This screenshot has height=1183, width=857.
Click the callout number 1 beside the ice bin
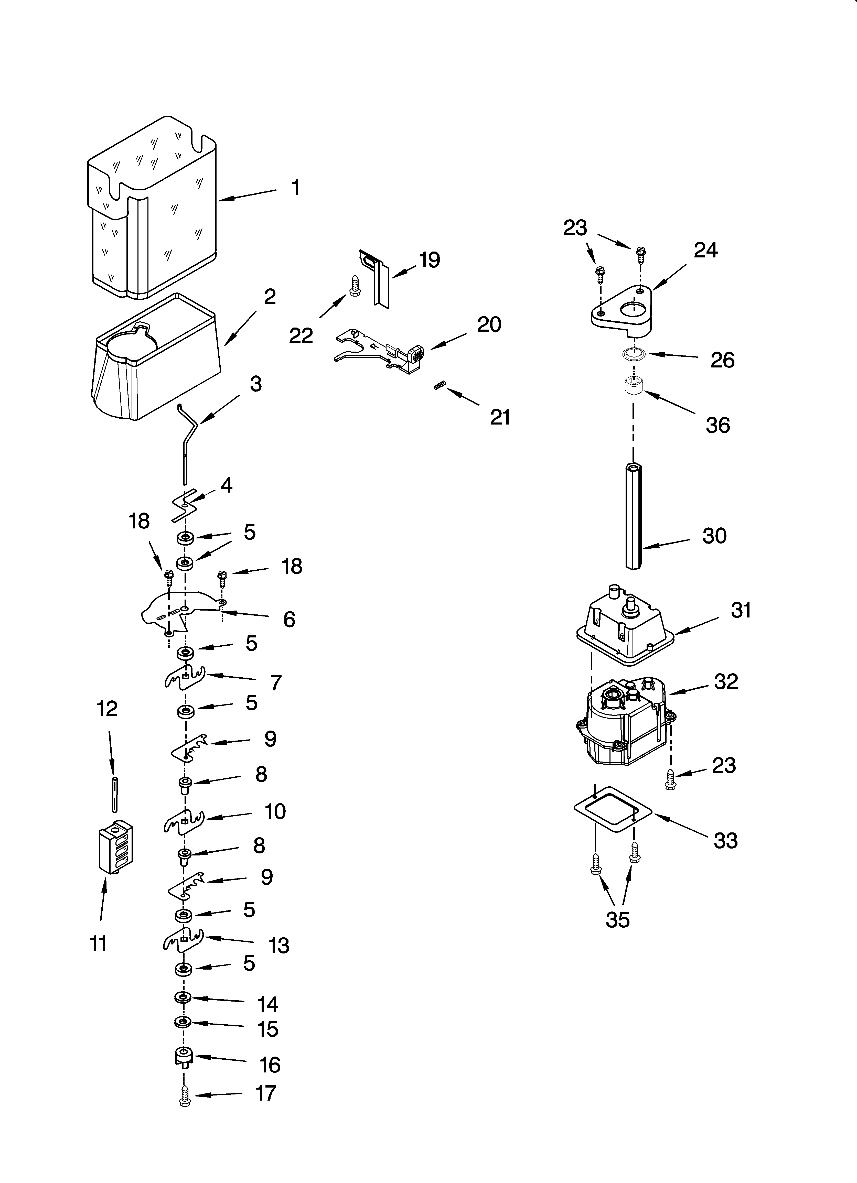pos(295,188)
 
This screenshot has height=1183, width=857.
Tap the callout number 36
pos(718,425)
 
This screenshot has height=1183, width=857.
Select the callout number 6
pos(289,619)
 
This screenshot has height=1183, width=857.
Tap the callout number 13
pos(279,945)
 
